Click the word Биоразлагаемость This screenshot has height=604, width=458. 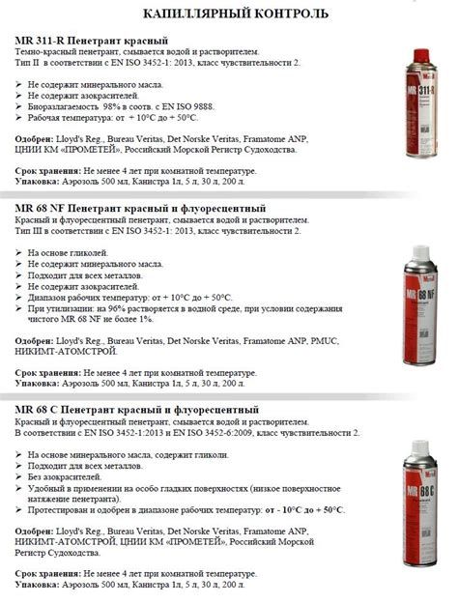(x=62, y=106)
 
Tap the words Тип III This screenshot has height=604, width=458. (x=30, y=233)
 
